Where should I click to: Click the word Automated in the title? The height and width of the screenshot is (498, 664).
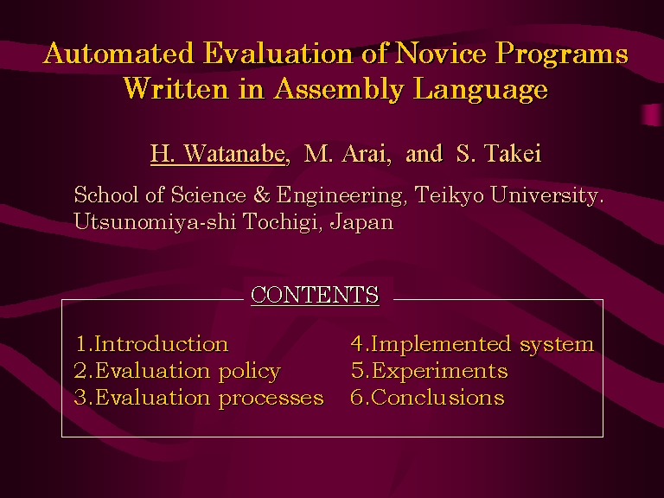tap(119, 54)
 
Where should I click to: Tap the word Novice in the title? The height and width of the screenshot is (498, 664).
tap(441, 54)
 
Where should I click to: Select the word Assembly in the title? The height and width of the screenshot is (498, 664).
tap(339, 90)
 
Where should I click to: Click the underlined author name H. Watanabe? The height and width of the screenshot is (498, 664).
tap(218, 153)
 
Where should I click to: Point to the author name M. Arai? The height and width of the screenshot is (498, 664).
tap(345, 153)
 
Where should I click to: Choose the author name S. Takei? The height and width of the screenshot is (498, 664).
tap(498, 153)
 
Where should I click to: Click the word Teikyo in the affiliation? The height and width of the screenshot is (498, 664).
tap(449, 195)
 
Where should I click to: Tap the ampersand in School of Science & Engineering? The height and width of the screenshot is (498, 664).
tap(262, 195)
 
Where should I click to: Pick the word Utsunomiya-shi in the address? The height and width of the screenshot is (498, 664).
tap(155, 221)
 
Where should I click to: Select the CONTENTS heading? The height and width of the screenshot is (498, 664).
tap(315, 295)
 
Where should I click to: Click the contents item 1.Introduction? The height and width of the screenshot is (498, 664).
tap(152, 343)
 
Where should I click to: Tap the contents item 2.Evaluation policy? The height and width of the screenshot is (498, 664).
tap(177, 372)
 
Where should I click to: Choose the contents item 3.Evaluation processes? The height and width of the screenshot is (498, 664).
tap(199, 398)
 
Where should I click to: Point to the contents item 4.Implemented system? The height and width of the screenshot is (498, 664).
tap(472, 344)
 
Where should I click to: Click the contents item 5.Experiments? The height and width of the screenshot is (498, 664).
tap(429, 371)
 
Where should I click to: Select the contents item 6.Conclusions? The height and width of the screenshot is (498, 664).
tap(427, 398)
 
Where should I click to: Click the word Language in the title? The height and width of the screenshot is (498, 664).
tap(480, 90)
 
